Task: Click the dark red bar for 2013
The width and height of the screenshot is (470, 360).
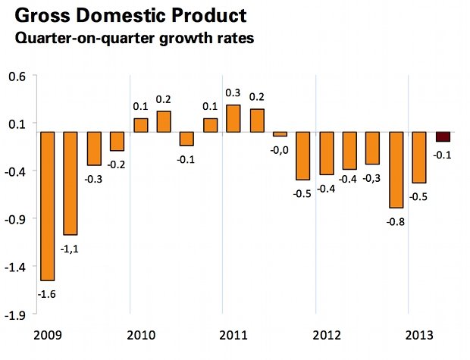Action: click(443, 136)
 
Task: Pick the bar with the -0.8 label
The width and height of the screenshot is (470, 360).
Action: click(396, 170)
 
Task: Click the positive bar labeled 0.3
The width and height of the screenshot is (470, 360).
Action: click(233, 118)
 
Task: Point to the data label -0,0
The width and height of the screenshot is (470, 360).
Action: click(280, 149)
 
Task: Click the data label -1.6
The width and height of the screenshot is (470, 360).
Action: click(47, 292)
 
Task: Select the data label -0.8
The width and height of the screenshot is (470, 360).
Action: click(396, 221)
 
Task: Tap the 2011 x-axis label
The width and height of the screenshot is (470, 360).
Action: click(234, 335)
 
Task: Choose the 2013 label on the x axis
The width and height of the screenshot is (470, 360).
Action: click(421, 335)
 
